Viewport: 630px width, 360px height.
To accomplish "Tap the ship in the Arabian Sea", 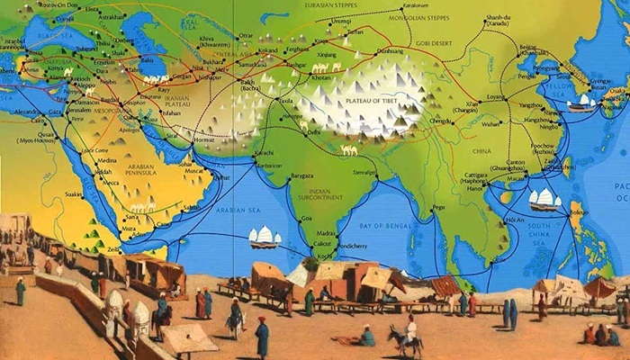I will pyautogui.click(x=265, y=237).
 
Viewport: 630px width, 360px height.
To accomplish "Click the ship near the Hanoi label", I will pyautogui.click(x=543, y=198).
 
